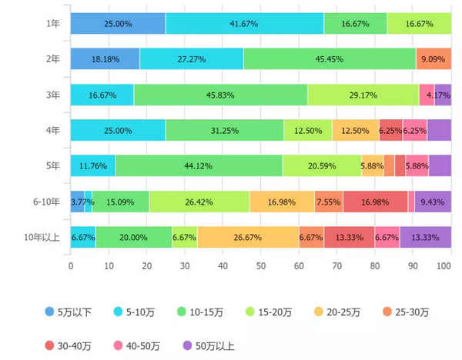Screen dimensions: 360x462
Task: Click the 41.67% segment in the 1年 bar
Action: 244,24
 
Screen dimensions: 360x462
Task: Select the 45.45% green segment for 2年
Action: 330,59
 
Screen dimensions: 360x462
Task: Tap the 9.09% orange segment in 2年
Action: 434,59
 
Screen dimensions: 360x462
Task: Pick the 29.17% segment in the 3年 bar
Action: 363,95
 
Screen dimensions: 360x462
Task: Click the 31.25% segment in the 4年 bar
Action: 224,130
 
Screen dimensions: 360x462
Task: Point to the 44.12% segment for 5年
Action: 199,165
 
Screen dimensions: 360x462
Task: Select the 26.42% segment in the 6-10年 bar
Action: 199,202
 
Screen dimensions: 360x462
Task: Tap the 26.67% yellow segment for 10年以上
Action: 247,237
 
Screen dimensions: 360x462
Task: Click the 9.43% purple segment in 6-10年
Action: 434,202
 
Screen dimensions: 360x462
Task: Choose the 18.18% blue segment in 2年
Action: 105,59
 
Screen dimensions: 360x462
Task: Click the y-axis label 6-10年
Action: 46,202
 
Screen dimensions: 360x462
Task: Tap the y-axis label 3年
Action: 52,95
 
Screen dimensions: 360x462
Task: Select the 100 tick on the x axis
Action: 445,266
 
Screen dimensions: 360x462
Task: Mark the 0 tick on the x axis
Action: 71,266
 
